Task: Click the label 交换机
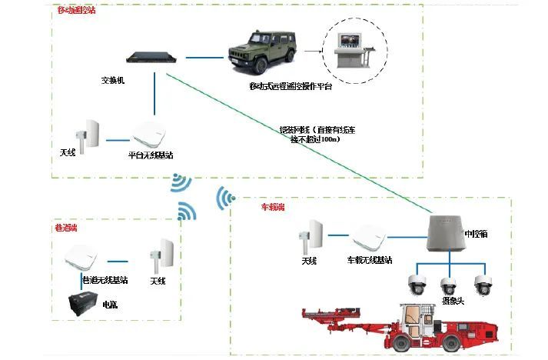coord(114,80)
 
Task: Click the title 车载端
coord(272,208)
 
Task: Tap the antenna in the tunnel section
coord(164,253)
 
